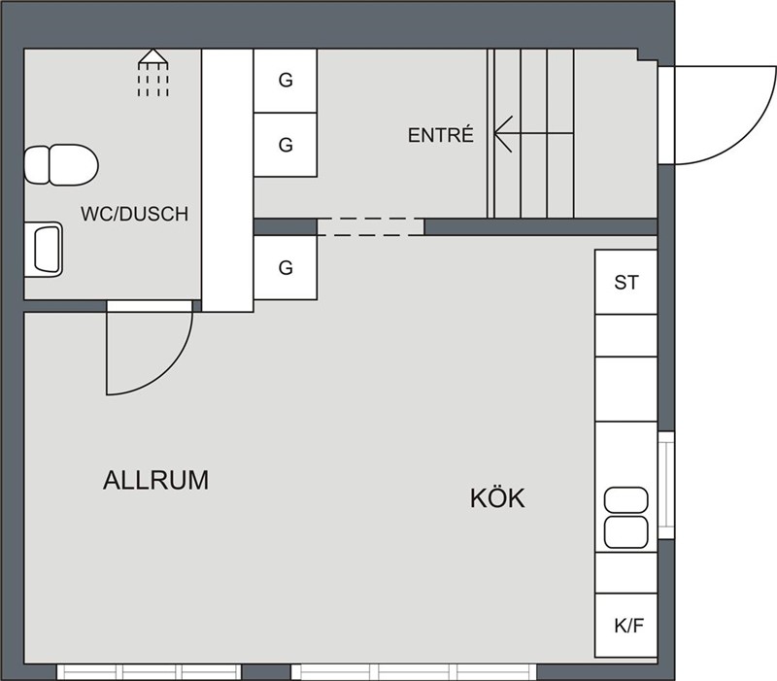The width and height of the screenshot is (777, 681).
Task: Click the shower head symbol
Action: click(153, 72)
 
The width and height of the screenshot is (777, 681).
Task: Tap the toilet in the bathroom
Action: click(61, 165)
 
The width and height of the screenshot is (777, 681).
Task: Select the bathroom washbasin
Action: click(43, 250)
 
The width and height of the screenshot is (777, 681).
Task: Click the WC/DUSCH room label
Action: click(135, 214)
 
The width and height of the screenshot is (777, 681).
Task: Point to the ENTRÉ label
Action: click(441, 135)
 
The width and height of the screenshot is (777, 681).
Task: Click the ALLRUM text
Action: click(156, 480)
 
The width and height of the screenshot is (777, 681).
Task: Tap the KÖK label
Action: click(497, 497)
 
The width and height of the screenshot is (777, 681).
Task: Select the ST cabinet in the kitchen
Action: click(625, 282)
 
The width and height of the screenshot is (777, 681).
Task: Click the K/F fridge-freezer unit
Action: click(625, 626)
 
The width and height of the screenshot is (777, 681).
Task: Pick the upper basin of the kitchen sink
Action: click(625, 499)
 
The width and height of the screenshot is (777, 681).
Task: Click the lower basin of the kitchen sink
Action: click(625, 532)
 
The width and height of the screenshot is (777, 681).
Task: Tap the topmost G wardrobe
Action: click(286, 81)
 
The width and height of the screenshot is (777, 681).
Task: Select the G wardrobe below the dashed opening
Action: click(286, 268)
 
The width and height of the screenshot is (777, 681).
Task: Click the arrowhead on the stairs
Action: click(503, 134)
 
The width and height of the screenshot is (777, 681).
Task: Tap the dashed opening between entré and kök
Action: click(371, 226)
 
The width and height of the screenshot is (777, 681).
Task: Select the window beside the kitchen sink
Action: click(666, 486)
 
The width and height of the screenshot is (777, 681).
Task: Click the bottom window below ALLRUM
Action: click(150, 672)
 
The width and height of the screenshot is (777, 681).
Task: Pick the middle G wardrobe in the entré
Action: click(286, 145)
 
